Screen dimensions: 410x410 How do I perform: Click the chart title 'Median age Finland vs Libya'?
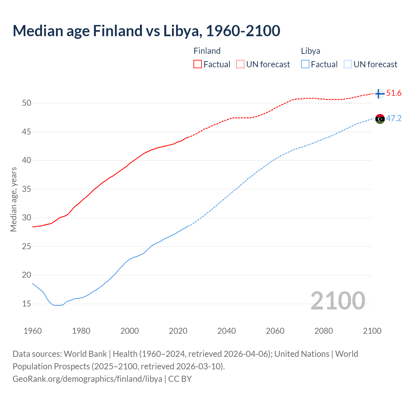point(146,31)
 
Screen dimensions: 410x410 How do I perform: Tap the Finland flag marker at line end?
point(380,94)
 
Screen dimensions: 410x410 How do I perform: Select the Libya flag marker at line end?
point(380,119)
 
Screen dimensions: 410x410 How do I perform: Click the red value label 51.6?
point(394,93)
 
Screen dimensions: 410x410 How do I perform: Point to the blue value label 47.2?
point(394,119)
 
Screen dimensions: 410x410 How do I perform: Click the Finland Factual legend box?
point(198,64)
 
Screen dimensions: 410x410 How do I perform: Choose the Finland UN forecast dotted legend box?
point(240,64)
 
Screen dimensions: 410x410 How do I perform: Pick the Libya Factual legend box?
point(305,64)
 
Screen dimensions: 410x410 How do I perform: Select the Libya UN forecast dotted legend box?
point(348,64)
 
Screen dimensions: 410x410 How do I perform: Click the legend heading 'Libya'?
point(310,51)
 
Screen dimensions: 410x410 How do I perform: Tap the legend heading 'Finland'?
point(207,51)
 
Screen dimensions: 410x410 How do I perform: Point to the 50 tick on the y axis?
point(27,103)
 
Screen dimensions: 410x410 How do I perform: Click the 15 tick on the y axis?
point(27,304)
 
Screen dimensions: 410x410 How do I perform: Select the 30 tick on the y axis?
point(27,218)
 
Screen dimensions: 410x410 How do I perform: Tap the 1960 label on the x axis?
point(33,331)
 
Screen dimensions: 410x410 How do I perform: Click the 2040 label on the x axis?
point(226,331)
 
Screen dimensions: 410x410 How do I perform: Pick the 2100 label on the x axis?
point(372,331)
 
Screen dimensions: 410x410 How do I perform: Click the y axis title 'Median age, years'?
point(13,199)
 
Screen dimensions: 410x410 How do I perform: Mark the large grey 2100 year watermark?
point(338,300)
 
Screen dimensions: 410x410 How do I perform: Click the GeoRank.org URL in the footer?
point(87,379)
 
